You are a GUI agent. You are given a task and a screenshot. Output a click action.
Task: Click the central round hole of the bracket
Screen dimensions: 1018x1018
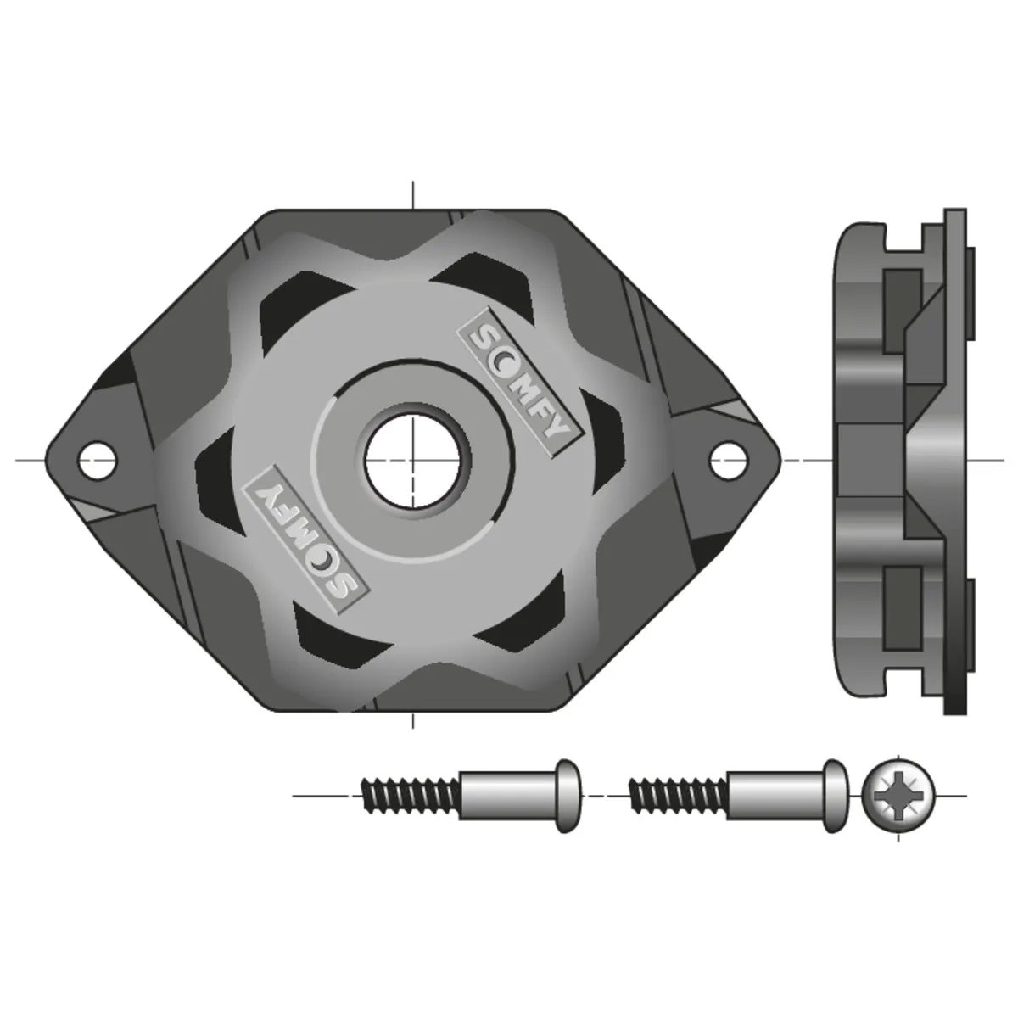pyautogui.click(x=412, y=461)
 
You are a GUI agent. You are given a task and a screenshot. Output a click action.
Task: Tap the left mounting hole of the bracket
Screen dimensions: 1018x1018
pyautogui.click(x=98, y=460)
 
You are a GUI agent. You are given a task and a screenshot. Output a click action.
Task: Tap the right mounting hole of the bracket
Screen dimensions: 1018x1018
pyautogui.click(x=727, y=460)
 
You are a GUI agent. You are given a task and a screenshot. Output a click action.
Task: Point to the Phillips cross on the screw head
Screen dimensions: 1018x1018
pyautogui.click(x=898, y=796)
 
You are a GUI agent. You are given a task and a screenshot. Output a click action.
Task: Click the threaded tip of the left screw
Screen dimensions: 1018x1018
pyautogui.click(x=411, y=796)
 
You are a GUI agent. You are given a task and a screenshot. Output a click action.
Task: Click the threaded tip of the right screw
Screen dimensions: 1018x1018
pyautogui.click(x=679, y=796)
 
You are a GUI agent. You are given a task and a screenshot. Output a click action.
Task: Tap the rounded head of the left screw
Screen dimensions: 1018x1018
pyautogui.click(x=568, y=796)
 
